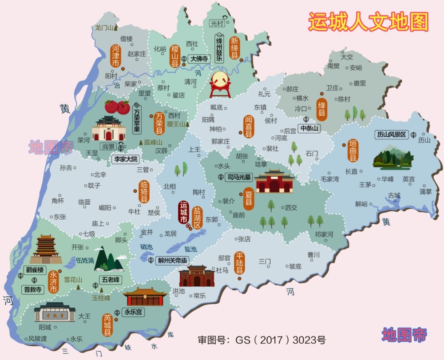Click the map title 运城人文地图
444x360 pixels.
pos(368,21)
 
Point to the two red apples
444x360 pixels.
pos(117,107)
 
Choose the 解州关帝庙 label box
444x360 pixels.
pos(173,261)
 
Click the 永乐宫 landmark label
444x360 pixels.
pos(133,312)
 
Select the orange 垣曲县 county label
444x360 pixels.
pos(353,151)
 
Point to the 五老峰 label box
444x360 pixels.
pos(111,280)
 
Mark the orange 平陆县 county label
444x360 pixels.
pos(240,263)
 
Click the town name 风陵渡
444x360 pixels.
pos(38,338)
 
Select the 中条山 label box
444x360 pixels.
pos(309,129)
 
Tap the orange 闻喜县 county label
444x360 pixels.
pos(248,127)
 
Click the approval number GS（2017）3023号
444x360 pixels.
pos(262,340)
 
